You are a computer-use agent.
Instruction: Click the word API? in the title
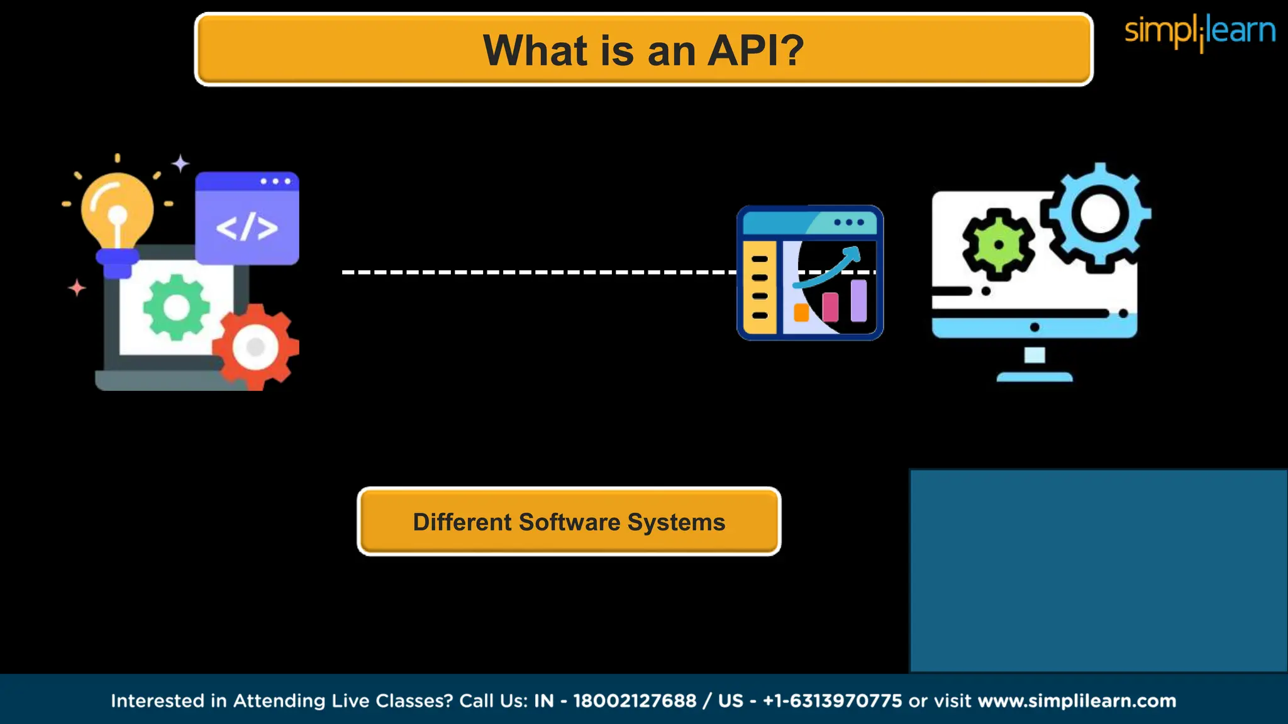pos(755,50)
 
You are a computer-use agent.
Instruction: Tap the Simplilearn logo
pos(1199,31)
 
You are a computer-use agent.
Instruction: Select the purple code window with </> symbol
pos(247,218)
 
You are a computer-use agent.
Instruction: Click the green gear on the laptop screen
pos(176,307)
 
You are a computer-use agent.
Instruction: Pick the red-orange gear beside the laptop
pos(255,347)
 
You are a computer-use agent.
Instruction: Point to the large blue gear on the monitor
pos(1099,214)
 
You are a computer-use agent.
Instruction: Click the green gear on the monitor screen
pos(998,244)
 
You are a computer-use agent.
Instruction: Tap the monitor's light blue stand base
pos(1035,377)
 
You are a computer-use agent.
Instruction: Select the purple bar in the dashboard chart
pos(858,300)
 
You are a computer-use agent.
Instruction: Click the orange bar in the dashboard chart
pos(801,312)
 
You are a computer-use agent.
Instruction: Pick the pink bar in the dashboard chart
pos(830,307)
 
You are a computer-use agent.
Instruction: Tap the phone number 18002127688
pos(635,701)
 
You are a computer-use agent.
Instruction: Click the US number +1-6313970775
pos(832,701)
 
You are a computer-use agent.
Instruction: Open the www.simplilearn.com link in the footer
pos(1077,701)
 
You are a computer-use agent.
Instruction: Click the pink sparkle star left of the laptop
pos(77,288)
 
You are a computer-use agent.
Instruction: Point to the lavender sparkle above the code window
pos(180,163)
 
